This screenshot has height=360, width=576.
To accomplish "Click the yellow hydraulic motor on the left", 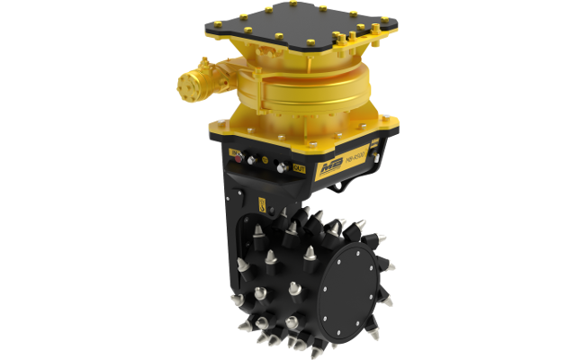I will (197, 86).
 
